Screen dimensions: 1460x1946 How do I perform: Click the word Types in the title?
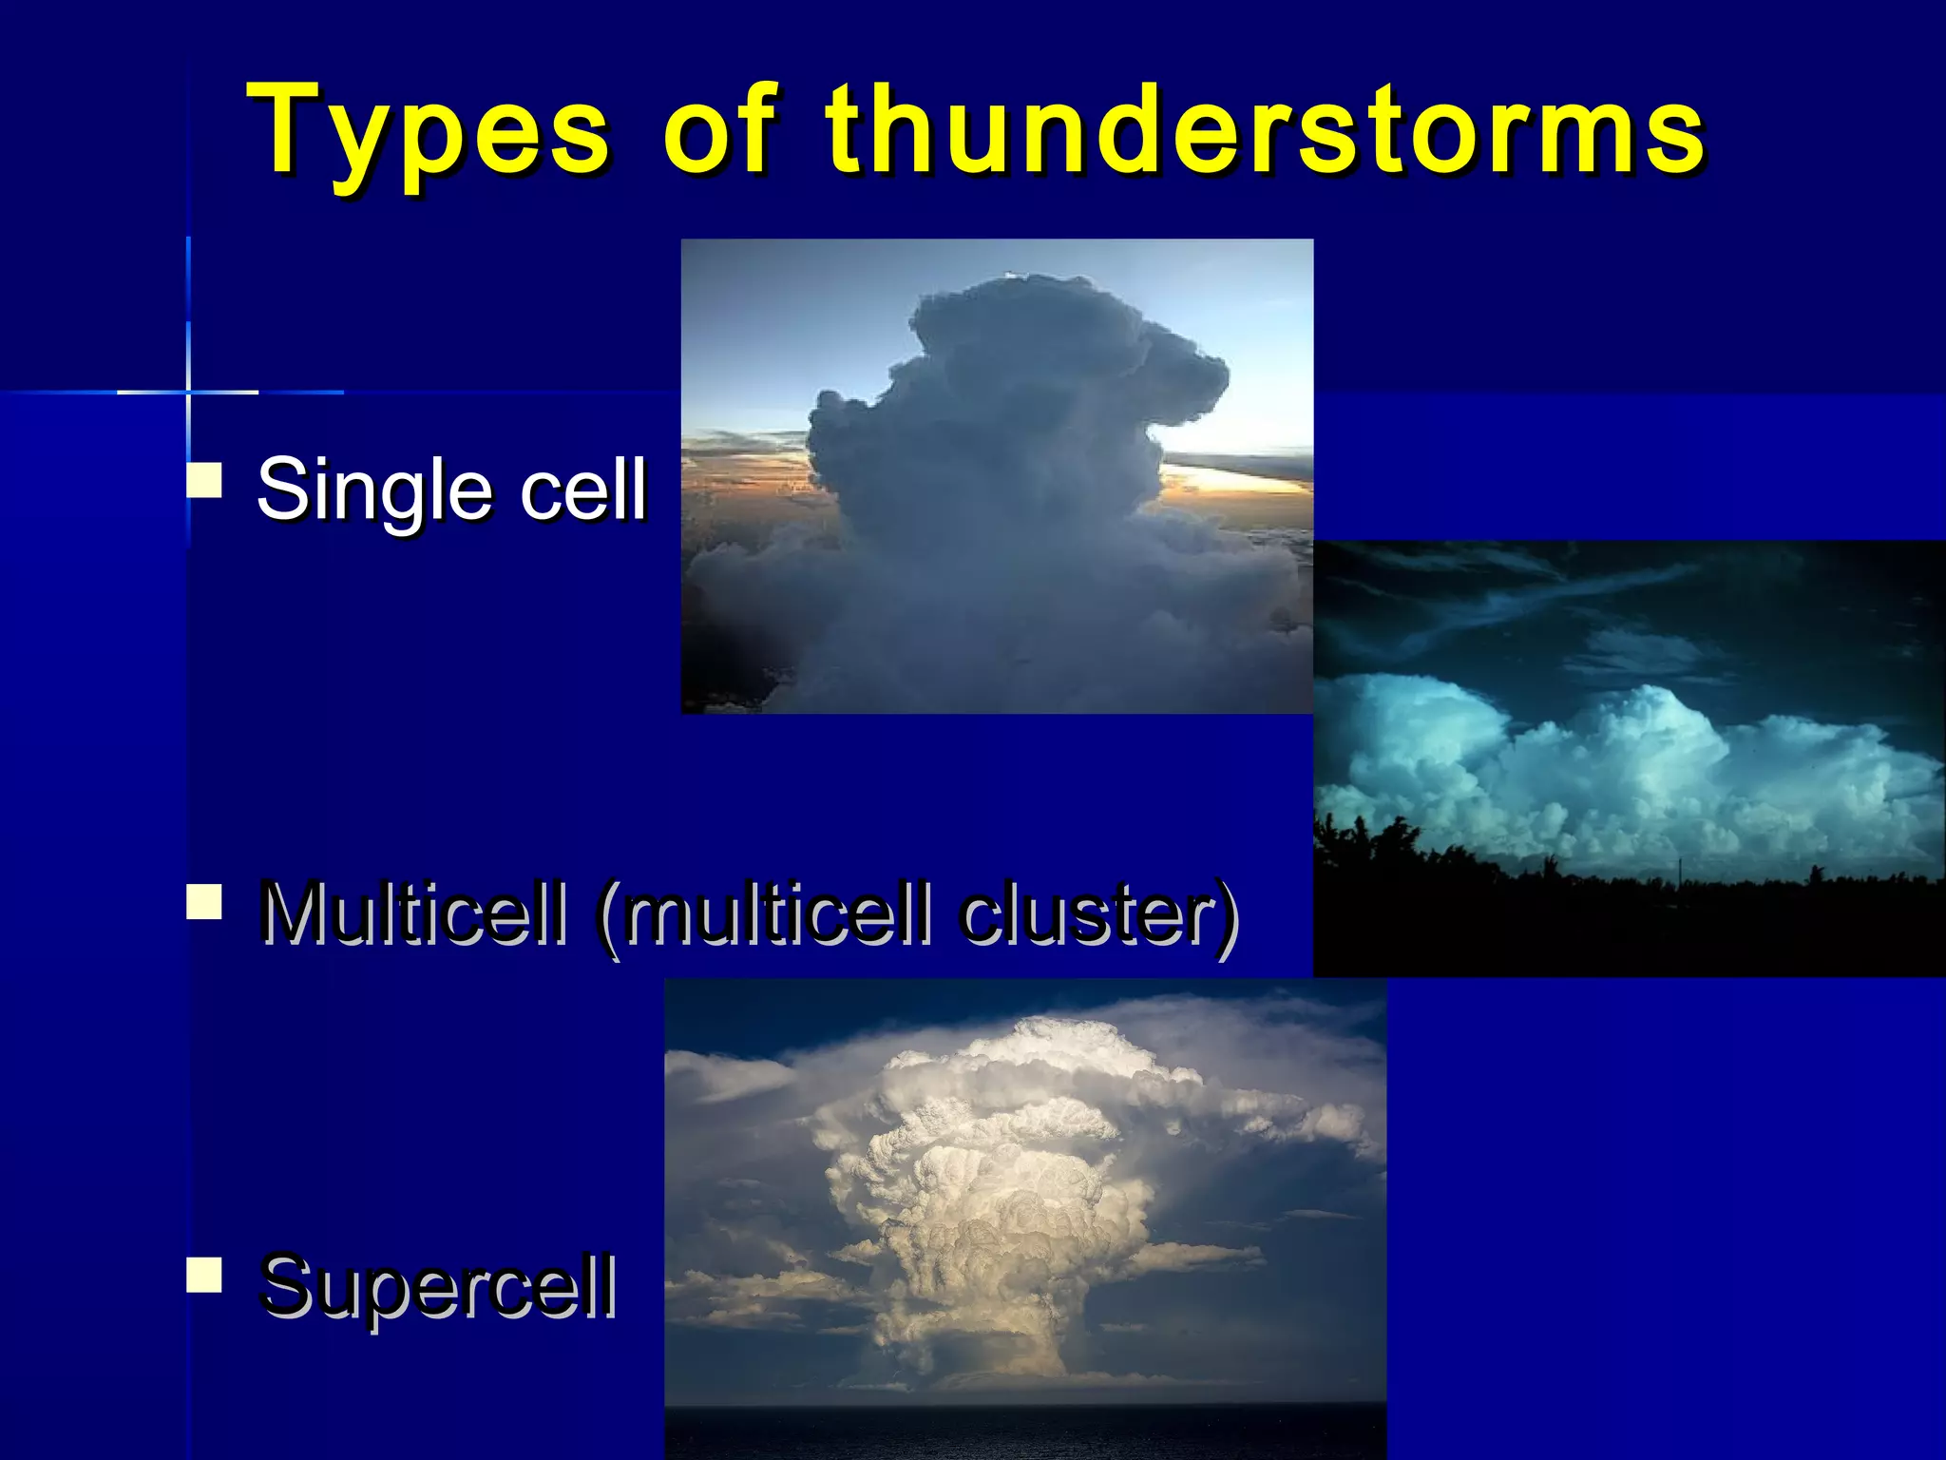pyautogui.click(x=428, y=133)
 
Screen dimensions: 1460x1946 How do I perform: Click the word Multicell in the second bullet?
pyautogui.click(x=413, y=914)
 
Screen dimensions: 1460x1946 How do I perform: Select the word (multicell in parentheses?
pyautogui.click(x=765, y=914)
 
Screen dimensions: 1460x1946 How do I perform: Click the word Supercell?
pyautogui.click(x=438, y=1287)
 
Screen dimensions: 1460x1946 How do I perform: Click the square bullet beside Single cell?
pyautogui.click(x=204, y=481)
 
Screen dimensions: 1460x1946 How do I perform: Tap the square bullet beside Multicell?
pyautogui.click(x=204, y=902)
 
